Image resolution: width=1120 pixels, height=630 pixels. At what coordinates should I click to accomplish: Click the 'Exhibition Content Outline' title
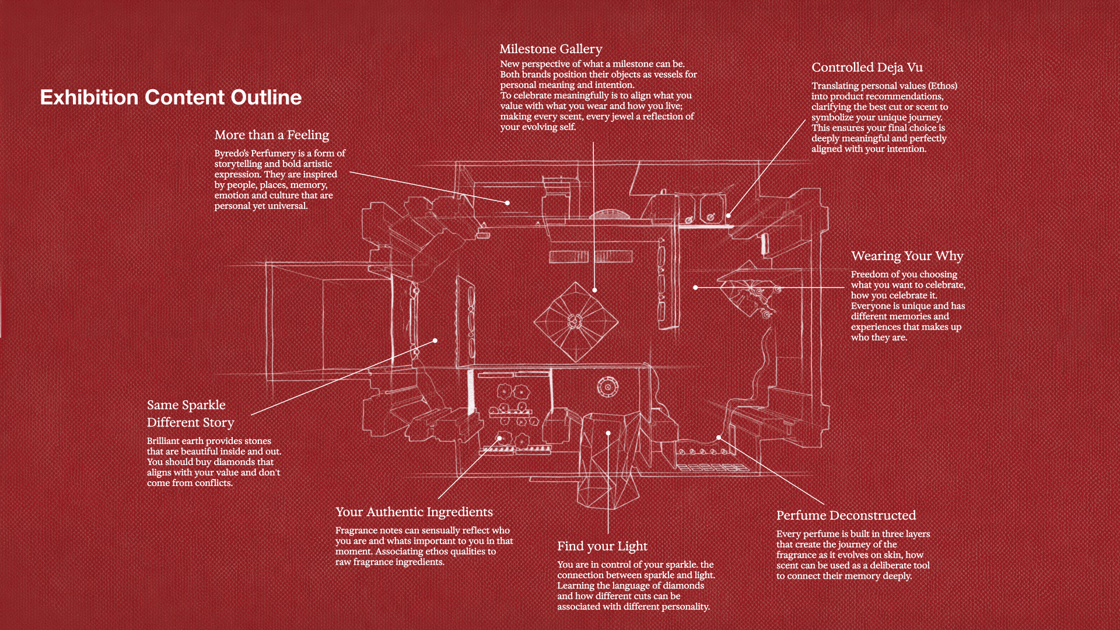coord(170,97)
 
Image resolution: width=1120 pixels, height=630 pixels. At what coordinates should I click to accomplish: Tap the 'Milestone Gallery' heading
coord(550,50)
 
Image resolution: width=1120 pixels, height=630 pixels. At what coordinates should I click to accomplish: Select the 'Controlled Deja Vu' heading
coord(867,68)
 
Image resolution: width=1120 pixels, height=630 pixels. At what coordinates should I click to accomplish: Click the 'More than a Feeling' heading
coord(271,135)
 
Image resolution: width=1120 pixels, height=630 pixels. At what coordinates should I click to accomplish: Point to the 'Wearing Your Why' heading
coord(907,256)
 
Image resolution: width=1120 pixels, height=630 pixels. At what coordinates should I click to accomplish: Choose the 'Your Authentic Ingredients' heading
coord(414,512)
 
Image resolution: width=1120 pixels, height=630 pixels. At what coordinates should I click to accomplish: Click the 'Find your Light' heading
coord(602,547)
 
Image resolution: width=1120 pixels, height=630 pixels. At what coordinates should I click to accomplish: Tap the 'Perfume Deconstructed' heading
coord(846,516)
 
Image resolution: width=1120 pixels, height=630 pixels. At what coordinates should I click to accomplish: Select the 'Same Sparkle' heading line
coord(186,405)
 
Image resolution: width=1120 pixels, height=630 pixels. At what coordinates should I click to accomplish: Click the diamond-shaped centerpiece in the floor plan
coord(576,321)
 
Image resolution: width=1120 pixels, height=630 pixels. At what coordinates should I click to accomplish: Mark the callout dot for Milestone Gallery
coord(594,290)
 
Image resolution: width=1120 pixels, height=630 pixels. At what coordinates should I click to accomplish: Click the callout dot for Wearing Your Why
coord(695,288)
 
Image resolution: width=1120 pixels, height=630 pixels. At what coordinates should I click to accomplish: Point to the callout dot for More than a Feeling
coord(508,203)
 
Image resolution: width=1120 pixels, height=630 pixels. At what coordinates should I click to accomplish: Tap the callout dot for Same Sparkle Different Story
coord(435,341)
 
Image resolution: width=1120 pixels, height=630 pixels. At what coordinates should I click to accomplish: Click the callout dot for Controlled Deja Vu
coord(729,215)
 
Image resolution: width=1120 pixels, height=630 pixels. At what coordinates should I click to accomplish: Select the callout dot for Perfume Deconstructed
coord(719,437)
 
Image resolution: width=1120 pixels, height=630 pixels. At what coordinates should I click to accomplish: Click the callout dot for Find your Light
coord(608,433)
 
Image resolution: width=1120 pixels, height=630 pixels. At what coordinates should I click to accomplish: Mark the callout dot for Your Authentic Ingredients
coord(499,438)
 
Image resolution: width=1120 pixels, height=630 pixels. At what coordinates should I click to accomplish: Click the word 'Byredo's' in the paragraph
coord(231,153)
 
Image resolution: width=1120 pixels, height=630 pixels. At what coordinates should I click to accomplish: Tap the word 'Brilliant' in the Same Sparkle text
coord(163,441)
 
